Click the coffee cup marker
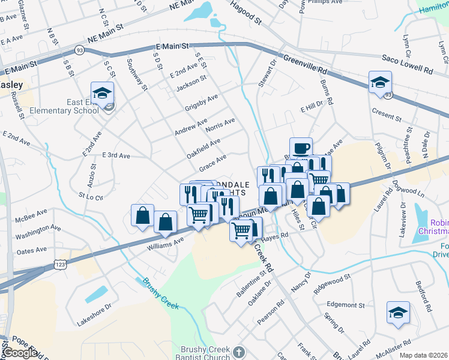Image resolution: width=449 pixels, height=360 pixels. click(x=301, y=148)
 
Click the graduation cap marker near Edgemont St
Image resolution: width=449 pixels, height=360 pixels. click(x=397, y=313)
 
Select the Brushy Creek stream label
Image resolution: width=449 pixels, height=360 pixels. click(x=160, y=293)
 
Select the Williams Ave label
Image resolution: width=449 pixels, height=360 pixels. click(x=166, y=243)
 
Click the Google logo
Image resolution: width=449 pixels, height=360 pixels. click(x=19, y=353)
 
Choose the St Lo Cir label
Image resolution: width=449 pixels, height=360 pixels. click(x=91, y=196)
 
